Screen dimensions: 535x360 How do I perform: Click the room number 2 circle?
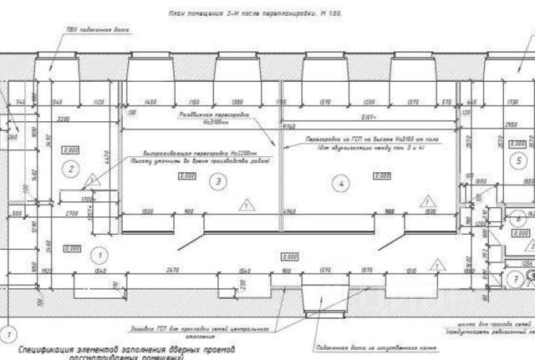pos(72,168)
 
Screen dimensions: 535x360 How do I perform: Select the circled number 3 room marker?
pos(218,180)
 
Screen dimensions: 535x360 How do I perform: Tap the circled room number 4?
pos(341,180)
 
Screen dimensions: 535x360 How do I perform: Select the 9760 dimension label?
pos(288,126)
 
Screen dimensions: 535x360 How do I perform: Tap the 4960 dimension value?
pos(289,211)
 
